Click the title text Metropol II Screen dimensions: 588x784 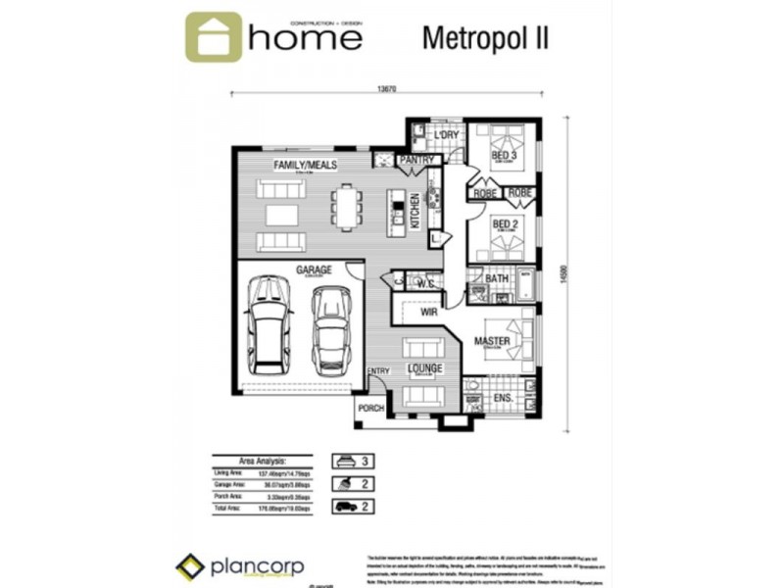click(484, 37)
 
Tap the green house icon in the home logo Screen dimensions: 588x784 click(213, 37)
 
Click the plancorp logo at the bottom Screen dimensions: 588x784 click(240, 566)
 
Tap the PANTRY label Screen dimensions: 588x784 click(416, 159)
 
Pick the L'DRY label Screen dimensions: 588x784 click(447, 135)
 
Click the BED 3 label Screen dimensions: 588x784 click(504, 156)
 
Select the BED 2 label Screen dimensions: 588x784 click(504, 224)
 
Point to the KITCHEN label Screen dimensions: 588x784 click(415, 212)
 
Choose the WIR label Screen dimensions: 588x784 click(428, 313)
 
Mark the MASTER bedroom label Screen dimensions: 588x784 click(492, 341)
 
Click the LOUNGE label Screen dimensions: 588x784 click(425, 368)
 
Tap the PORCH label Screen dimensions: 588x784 click(369, 409)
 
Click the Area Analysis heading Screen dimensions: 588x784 click(262, 459)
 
